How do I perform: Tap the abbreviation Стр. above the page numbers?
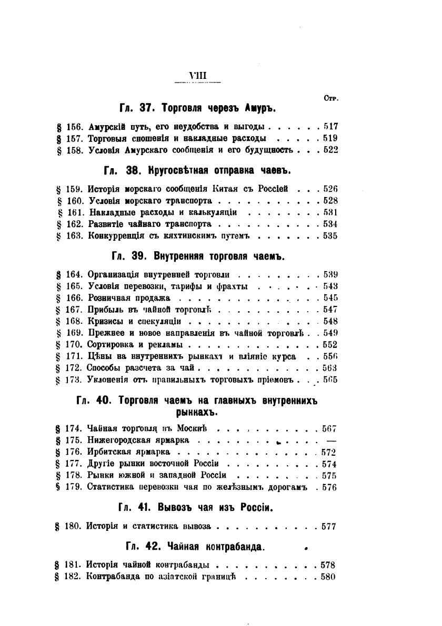click(x=331, y=98)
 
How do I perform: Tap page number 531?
click(x=330, y=212)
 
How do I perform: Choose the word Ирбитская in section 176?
click(x=107, y=451)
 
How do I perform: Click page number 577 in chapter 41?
click(x=328, y=526)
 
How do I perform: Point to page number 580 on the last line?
click(x=328, y=577)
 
